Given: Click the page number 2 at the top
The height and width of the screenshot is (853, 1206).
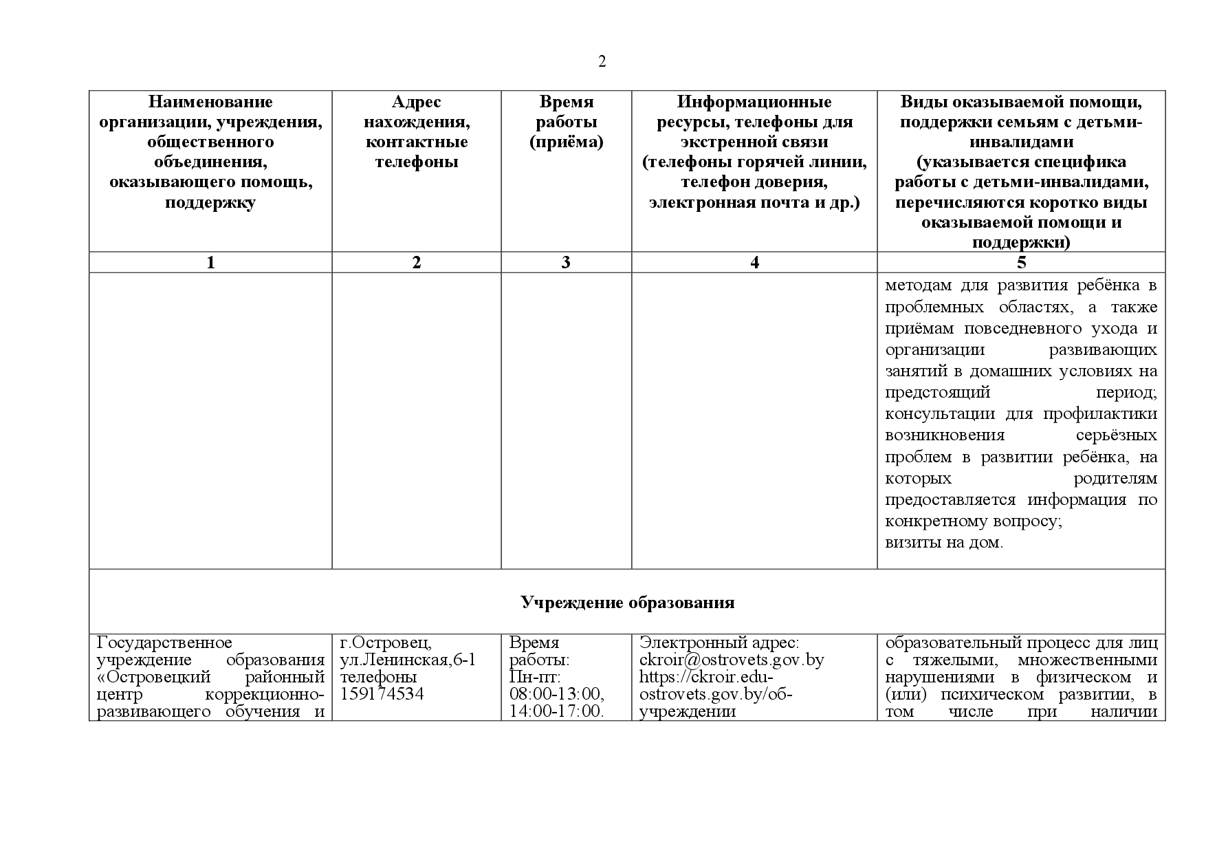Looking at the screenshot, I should click(x=602, y=62).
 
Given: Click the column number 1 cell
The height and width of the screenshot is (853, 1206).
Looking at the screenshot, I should click(x=210, y=262).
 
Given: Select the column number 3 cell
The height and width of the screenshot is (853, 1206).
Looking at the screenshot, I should click(x=566, y=262).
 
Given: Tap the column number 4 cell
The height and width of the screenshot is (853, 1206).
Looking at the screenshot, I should click(x=754, y=262).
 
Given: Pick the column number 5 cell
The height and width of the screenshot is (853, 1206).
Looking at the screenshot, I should click(x=1021, y=262).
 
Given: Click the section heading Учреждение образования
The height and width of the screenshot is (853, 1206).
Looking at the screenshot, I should click(x=627, y=603).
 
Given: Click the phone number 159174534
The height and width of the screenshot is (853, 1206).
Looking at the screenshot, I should click(x=382, y=693).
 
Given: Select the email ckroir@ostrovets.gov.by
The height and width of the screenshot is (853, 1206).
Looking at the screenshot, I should click(x=732, y=660).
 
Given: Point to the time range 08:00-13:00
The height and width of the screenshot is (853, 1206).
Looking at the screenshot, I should click(x=556, y=693).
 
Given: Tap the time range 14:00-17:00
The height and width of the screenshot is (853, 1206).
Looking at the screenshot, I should click(x=556, y=711).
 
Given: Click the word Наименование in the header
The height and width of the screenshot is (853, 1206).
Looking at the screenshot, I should click(x=210, y=102).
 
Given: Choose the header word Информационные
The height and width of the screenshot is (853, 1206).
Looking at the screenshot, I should click(x=754, y=102).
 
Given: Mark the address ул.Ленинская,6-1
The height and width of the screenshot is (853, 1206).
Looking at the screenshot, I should click(x=408, y=660).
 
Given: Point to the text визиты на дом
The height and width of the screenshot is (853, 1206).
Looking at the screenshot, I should click(x=944, y=543).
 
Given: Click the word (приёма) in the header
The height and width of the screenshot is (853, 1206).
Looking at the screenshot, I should click(x=566, y=142).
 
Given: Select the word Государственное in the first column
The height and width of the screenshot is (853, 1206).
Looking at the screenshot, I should click(x=164, y=643).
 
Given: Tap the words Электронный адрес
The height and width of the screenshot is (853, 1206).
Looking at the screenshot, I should click(x=719, y=643).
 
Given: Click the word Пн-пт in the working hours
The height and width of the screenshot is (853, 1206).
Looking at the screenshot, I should click(x=535, y=677).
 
